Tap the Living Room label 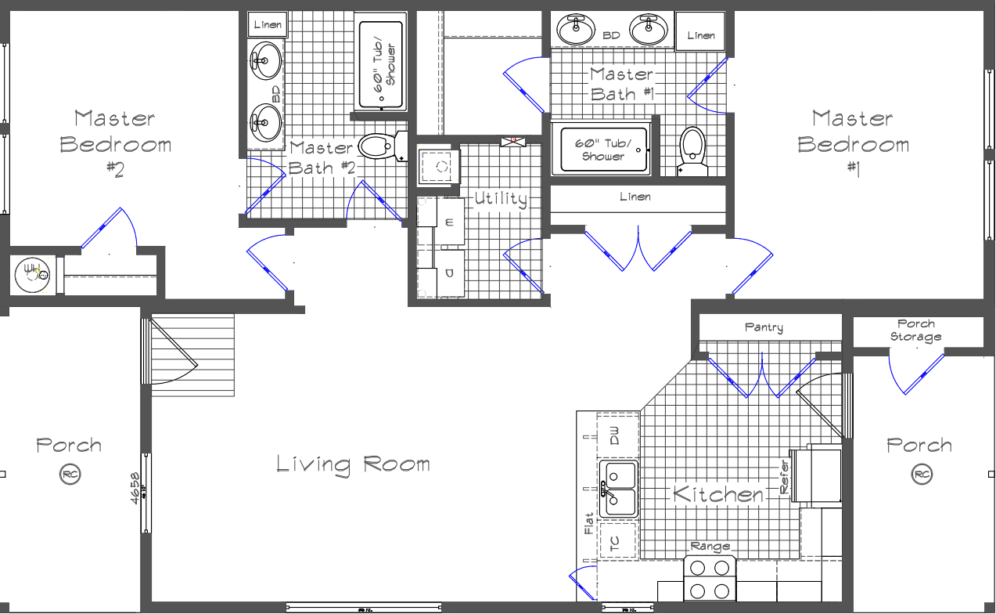pos(353,464)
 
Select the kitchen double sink pos(619,489)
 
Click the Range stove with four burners pos(710,578)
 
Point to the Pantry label pos(764,327)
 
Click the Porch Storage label pos(915,330)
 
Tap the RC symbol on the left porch pos(70,475)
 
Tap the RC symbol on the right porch pos(921,475)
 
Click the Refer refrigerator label pos(785,476)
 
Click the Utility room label pos(501,199)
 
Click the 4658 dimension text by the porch pos(135,489)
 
